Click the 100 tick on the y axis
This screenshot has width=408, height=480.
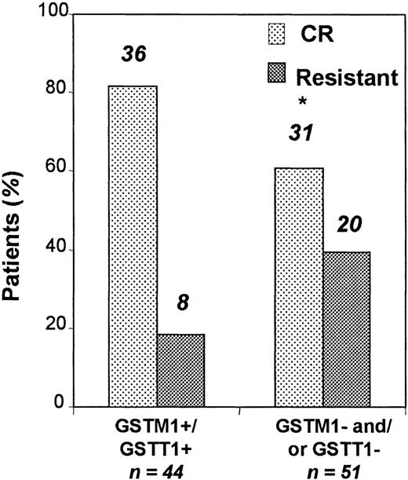(x=53, y=16)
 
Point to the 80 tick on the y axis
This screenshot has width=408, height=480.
(x=56, y=93)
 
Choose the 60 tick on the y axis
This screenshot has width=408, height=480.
(x=56, y=171)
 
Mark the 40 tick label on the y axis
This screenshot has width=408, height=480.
(x=56, y=250)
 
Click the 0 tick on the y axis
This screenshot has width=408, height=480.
(x=61, y=406)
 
